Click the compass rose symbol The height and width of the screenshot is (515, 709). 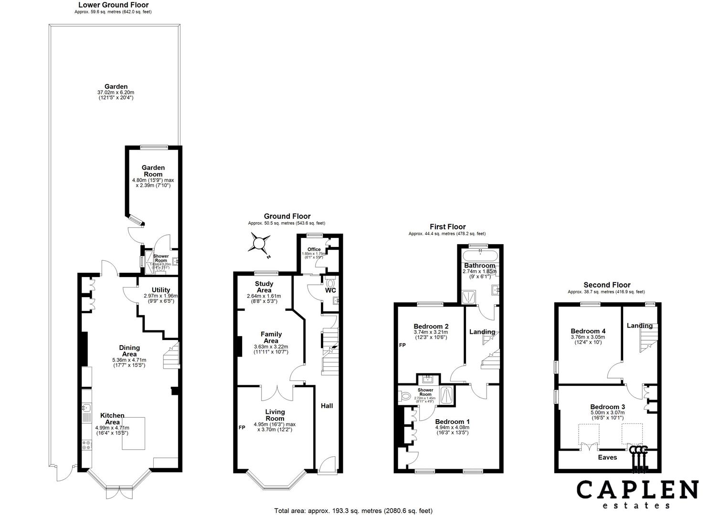click(259, 244)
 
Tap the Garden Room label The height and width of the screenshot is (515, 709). click(153, 171)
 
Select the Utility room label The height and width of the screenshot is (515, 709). click(161, 290)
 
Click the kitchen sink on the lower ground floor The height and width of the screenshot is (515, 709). click(86, 408)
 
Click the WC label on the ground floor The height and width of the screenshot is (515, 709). click(330, 290)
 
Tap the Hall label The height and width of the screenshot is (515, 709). click(327, 406)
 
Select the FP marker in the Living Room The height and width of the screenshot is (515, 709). click(242, 428)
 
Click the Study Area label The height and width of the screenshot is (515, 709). click(264, 287)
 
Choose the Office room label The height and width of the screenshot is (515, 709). click(314, 249)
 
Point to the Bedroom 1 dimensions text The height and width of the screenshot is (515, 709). click(452, 430)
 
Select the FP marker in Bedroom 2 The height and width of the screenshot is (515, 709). click(402, 345)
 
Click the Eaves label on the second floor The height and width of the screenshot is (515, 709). click(607, 457)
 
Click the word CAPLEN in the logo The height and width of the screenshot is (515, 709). click(637, 490)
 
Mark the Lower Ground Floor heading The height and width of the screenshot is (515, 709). click(110, 5)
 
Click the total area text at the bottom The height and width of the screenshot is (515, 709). click(353, 511)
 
